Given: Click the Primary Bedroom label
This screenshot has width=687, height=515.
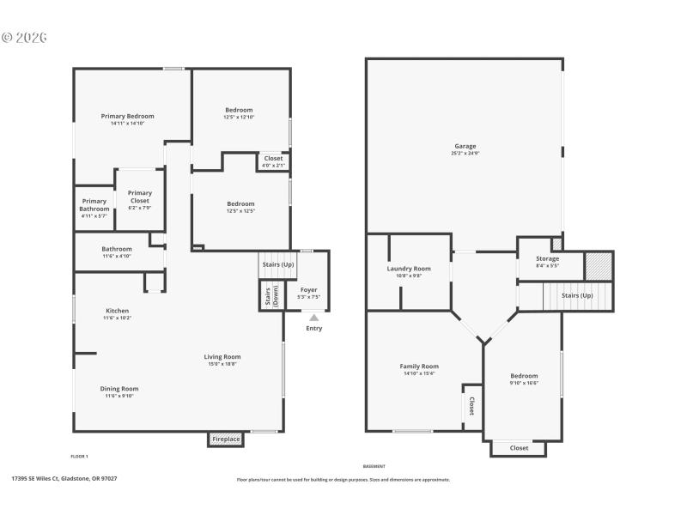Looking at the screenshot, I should click(x=127, y=116).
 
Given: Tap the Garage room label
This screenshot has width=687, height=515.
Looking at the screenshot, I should click(x=464, y=146).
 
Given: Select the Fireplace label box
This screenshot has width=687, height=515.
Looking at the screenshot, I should click(x=226, y=439).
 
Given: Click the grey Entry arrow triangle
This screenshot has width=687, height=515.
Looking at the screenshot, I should click(x=314, y=318).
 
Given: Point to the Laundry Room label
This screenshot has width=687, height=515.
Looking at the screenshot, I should click(x=409, y=269).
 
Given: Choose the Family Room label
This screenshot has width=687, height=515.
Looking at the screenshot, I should click(x=419, y=367).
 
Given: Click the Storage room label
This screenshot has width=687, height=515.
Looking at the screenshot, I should click(x=547, y=258).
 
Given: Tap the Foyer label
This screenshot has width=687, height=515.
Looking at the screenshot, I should click(x=308, y=290).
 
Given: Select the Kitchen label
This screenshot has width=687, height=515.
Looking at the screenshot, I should click(x=118, y=311).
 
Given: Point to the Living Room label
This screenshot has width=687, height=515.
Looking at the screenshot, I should click(x=222, y=357).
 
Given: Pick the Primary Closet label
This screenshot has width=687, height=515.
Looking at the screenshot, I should click(x=139, y=197).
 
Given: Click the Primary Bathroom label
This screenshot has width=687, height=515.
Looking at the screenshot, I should click(x=94, y=205).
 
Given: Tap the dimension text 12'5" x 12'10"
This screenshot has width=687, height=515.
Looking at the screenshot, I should click(x=239, y=117).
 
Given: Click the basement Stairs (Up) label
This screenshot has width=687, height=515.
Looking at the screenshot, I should click(x=577, y=295).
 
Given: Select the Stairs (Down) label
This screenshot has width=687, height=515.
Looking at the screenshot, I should click(x=268, y=296).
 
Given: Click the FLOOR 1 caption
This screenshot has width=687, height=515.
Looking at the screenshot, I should click(x=79, y=456).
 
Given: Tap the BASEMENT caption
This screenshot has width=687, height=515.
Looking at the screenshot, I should click(x=374, y=466).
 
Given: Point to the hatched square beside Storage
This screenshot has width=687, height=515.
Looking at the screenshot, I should click(x=599, y=265).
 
